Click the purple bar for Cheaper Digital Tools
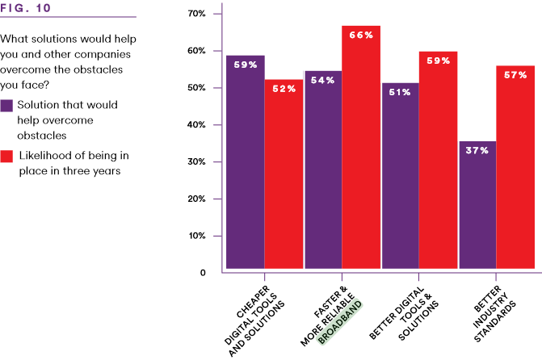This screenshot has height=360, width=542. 246,161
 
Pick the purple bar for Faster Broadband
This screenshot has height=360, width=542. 323,170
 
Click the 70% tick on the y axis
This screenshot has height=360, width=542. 197,14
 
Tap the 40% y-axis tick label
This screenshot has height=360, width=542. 197,125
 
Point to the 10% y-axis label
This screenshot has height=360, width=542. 197,237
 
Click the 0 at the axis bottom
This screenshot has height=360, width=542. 204,273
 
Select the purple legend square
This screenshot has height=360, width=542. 6,106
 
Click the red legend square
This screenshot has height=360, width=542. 6,156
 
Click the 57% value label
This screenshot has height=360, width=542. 515,75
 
